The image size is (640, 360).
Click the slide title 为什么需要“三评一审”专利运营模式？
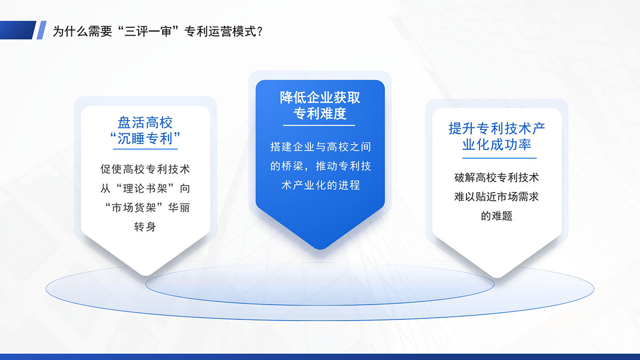click(x=157, y=31)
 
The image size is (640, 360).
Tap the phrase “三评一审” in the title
click(x=148, y=31)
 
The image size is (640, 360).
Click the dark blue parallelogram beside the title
click(x=18, y=30)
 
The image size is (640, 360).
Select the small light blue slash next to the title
click(x=42, y=30)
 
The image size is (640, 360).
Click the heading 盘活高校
click(x=145, y=123)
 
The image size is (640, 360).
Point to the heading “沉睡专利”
click(x=145, y=139)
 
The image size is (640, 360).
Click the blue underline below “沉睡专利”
click(x=146, y=149)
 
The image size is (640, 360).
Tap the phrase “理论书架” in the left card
click(x=145, y=188)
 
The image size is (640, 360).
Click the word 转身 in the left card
click(x=145, y=227)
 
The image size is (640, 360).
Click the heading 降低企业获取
click(x=320, y=98)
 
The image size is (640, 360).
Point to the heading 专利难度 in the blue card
click(x=320, y=114)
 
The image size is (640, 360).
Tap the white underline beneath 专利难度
click(x=319, y=125)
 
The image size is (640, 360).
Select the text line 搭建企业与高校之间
click(x=321, y=147)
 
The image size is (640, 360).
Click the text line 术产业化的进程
click(x=321, y=185)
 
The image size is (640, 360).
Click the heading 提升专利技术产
click(x=497, y=129)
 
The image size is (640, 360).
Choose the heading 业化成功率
click(x=497, y=145)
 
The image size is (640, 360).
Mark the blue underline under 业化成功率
click(x=499, y=158)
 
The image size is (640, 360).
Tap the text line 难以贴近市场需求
click(x=497, y=197)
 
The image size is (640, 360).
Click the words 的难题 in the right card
click(x=497, y=215)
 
